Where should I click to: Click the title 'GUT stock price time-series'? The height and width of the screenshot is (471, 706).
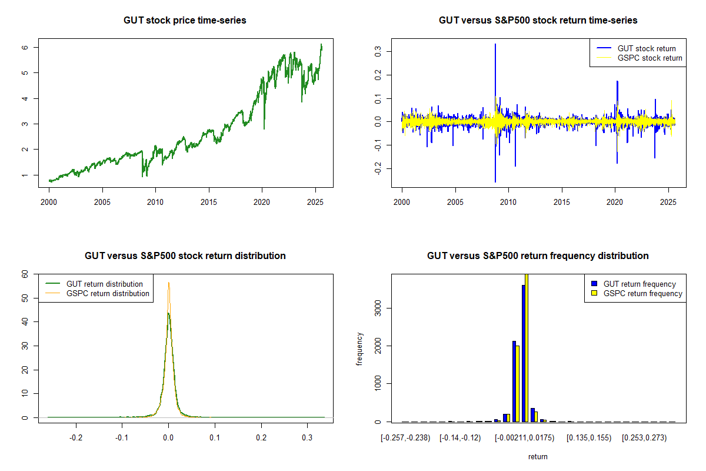185,21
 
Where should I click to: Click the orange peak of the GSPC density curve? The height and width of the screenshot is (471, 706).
169,283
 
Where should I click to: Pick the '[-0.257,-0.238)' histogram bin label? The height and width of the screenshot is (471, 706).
405,437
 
